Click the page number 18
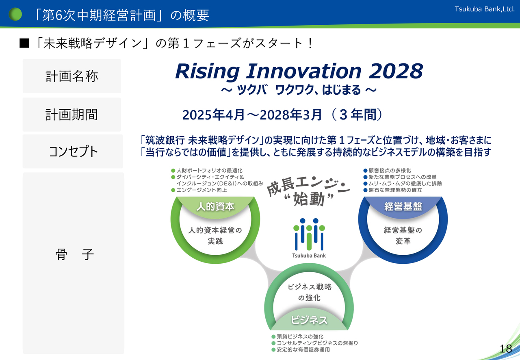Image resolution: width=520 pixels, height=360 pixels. coord(506,349)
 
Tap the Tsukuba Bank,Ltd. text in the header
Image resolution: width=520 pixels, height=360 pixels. coord(485,9)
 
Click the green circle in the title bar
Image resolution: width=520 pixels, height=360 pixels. coord(15,14)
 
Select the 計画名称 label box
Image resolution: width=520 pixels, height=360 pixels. coord(72,76)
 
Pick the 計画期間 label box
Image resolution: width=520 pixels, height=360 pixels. coord(72,115)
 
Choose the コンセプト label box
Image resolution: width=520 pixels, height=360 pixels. coord(73,152)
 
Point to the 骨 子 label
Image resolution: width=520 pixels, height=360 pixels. coord(74,254)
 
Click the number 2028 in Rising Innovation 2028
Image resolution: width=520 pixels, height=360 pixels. coord(396,71)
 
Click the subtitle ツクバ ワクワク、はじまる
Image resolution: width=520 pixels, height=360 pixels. coord(299,90)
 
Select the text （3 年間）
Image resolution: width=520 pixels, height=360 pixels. coord(357,115)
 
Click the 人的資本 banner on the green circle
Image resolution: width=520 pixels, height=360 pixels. coord(215,206)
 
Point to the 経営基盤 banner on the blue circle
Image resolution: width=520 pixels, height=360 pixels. coord(403,206)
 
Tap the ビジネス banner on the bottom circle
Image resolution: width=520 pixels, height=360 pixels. coord(309,320)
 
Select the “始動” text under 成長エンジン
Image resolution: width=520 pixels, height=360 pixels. coord(309,199)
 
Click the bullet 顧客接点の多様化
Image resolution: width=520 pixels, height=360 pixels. coord(387,171)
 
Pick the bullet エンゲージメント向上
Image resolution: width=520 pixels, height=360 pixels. coord(199,190)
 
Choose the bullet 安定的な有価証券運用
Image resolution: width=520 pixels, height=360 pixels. coord(301,349)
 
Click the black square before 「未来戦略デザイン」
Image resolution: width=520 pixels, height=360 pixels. coord(24,43)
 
